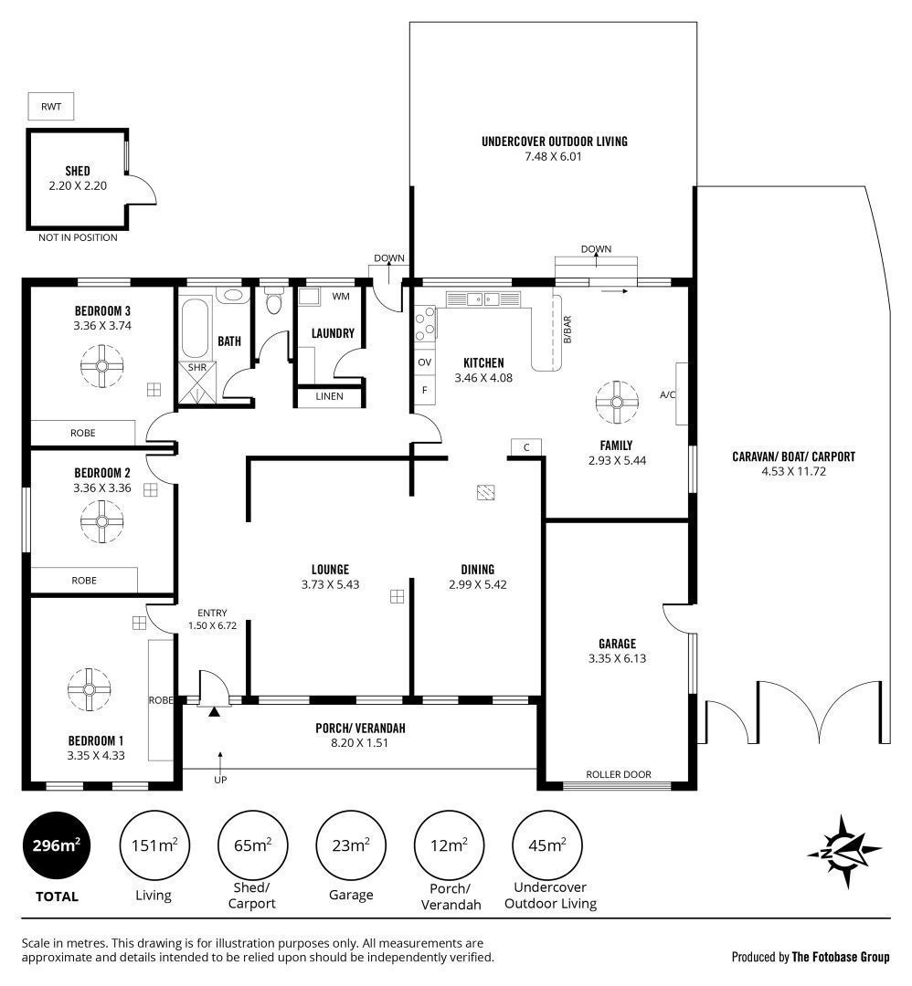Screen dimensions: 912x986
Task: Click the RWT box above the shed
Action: (51, 106)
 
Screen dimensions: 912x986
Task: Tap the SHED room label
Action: (78, 171)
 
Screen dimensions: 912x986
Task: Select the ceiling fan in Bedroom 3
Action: (102, 366)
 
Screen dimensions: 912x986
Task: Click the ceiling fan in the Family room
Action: (617, 402)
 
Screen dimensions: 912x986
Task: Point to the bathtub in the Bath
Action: (196, 329)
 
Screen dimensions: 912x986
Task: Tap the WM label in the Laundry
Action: (341, 296)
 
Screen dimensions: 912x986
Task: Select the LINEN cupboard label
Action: (329, 396)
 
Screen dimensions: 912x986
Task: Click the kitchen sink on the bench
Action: (483, 299)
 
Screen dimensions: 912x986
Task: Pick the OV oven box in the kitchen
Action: (425, 362)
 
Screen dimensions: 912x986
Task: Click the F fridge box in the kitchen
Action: (425, 390)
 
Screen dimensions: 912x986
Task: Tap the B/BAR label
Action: (567, 330)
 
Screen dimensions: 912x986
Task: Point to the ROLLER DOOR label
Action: (619, 774)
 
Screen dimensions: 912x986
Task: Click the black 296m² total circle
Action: (57, 845)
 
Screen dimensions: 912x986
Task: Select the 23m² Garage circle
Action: (351, 845)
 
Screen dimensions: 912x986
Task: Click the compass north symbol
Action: (844, 852)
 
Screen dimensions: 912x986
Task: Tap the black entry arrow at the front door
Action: (215, 712)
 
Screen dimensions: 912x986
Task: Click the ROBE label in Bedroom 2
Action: (84, 581)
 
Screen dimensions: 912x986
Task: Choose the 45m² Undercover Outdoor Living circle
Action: (547, 845)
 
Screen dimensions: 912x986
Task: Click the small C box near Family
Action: (526, 447)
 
